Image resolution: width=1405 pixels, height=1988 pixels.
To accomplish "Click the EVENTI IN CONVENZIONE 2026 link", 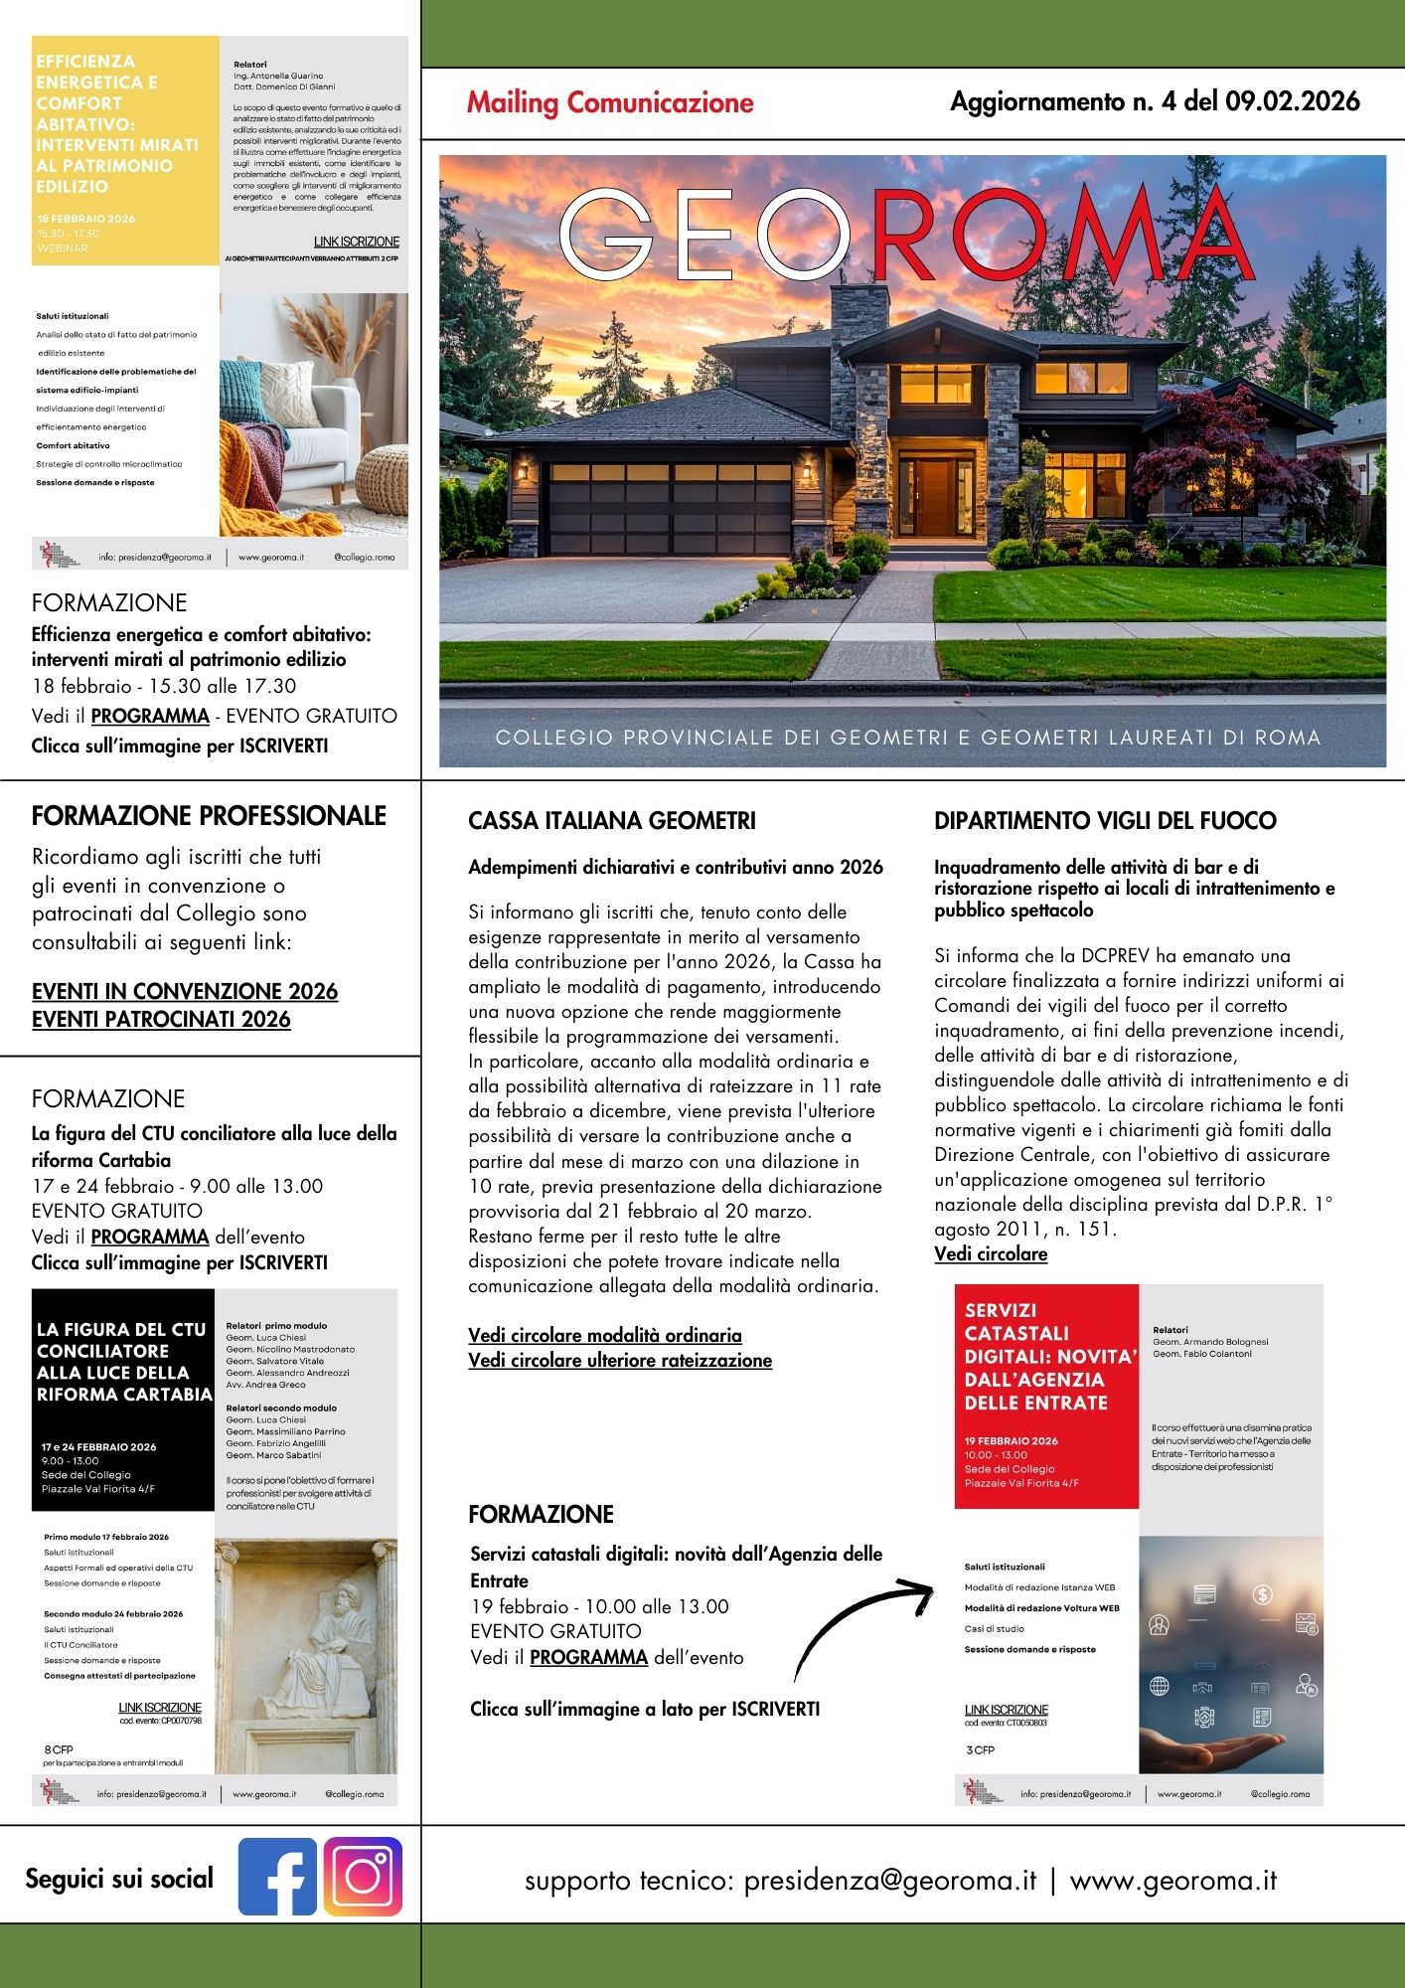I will click(185, 991).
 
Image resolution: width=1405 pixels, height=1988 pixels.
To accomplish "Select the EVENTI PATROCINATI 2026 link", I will click(161, 1019).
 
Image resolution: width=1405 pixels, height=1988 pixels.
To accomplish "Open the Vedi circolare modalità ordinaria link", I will click(605, 1335).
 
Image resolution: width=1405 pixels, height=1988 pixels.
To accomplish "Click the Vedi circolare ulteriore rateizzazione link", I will click(620, 1360).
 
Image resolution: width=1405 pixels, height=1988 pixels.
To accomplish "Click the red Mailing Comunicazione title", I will click(610, 102).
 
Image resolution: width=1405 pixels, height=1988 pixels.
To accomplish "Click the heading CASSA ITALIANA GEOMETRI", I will click(612, 821).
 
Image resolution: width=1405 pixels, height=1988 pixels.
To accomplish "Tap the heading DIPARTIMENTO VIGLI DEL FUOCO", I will click(1105, 821).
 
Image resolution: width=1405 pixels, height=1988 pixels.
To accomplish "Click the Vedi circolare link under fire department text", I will click(991, 1254).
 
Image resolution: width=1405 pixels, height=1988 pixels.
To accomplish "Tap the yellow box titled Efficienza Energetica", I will click(125, 149).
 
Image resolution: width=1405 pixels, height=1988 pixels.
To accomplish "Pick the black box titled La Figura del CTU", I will click(123, 1399).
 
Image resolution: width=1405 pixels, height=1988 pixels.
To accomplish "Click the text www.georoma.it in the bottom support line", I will click(1172, 1881).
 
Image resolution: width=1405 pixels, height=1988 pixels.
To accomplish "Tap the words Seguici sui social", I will click(119, 1879).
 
